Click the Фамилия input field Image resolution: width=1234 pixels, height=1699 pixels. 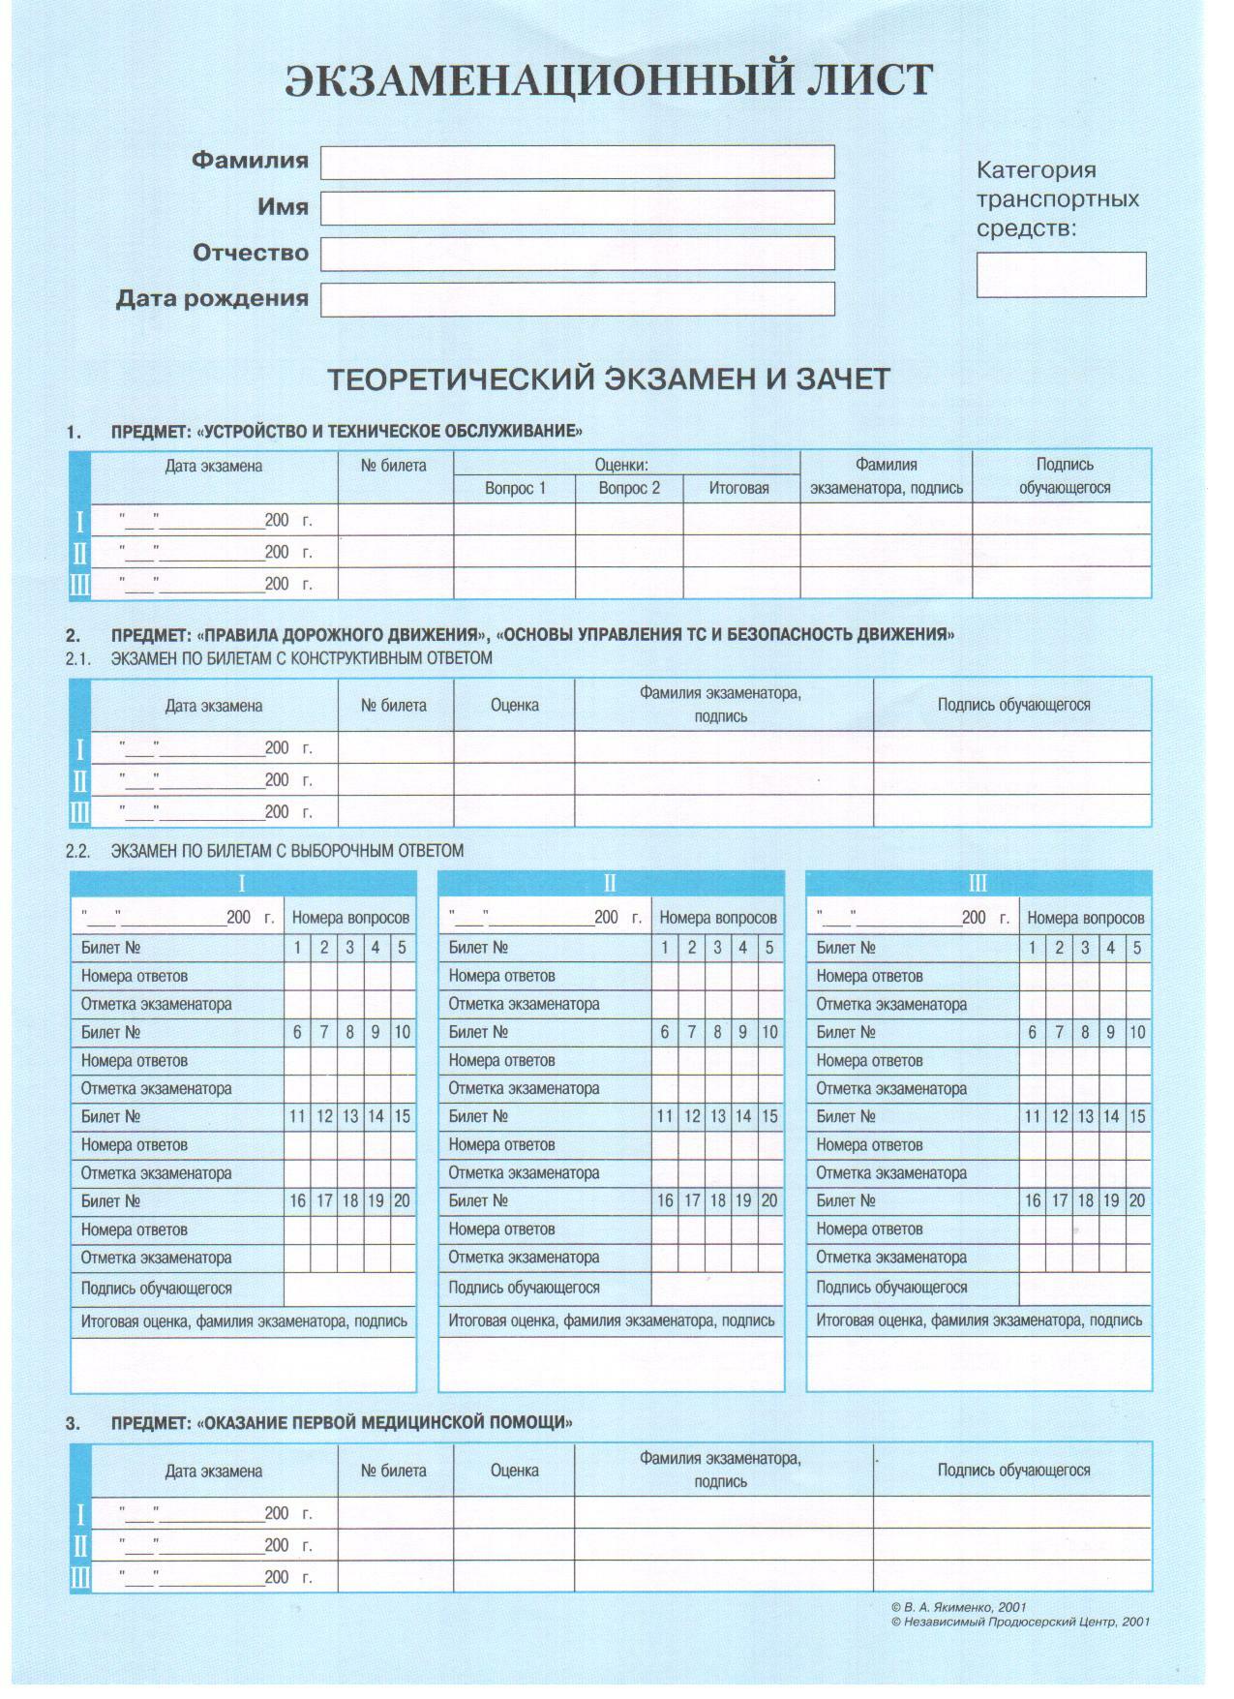click(577, 162)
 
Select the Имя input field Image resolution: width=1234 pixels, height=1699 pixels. click(577, 207)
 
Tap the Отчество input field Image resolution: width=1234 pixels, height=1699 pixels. click(577, 254)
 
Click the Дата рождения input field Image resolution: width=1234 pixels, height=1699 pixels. click(577, 299)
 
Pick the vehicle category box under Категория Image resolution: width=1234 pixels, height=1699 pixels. click(1061, 274)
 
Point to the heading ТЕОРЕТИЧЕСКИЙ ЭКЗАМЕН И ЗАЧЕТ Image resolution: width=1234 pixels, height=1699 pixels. click(608, 379)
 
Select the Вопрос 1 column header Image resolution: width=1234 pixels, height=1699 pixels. click(515, 488)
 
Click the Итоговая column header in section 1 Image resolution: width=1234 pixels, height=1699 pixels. click(738, 488)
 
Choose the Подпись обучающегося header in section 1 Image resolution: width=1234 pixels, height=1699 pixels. click(1064, 476)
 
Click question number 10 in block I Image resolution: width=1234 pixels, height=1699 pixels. click(402, 1032)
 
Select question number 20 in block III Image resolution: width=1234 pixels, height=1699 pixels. click(1137, 1200)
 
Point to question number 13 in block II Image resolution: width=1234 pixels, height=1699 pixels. click(717, 1116)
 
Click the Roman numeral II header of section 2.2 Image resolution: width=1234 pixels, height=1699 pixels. click(610, 883)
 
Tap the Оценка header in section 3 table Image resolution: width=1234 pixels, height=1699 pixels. click(514, 1470)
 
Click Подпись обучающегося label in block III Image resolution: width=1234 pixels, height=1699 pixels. click(891, 1287)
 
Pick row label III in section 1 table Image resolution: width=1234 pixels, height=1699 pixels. click(79, 585)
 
